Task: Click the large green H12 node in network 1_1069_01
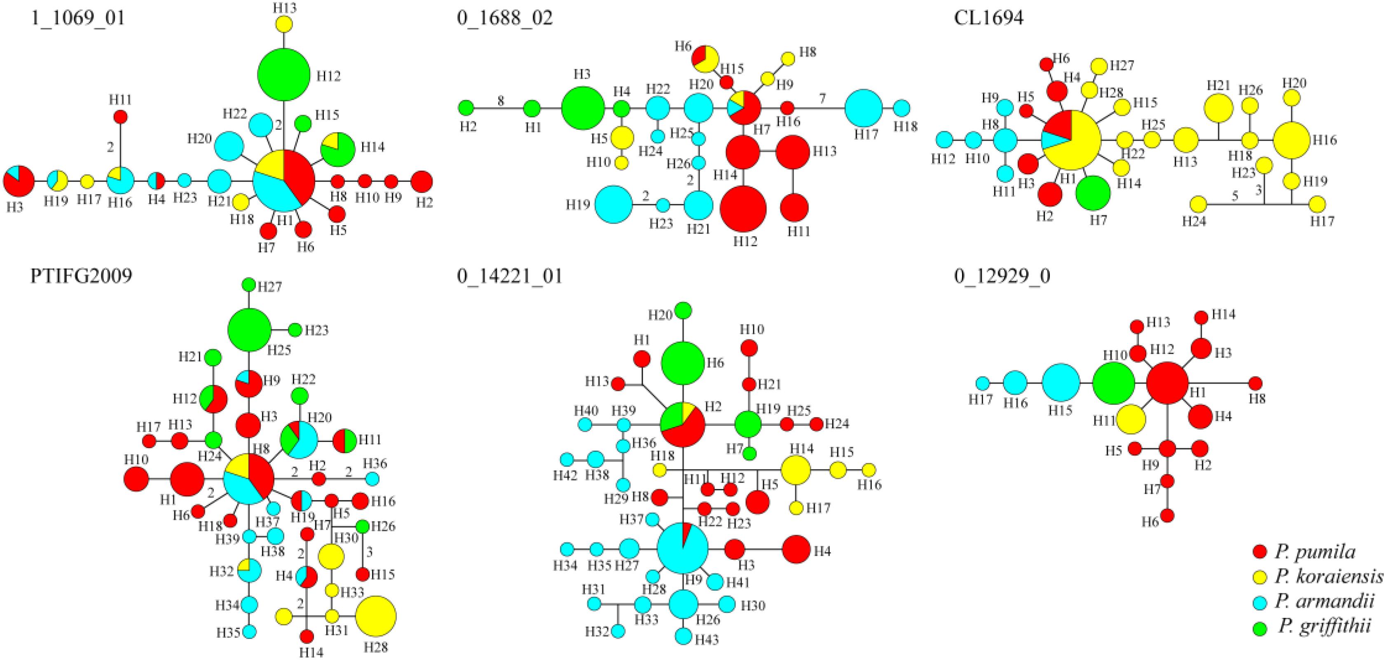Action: (283, 74)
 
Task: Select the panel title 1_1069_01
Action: (77, 18)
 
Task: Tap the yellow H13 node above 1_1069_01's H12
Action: (284, 24)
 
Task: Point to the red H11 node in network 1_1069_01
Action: (121, 116)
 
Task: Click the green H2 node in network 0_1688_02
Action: (466, 108)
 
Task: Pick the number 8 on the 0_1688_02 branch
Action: (501, 101)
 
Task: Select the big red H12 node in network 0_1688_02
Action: (743, 209)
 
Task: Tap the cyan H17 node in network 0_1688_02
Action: (863, 108)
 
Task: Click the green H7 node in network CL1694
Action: (1093, 193)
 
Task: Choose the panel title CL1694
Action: (989, 18)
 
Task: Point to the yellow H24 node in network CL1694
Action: (1198, 204)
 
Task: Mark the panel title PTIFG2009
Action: (81, 276)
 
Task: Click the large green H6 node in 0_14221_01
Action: (682, 363)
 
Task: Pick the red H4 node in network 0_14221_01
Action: (796, 550)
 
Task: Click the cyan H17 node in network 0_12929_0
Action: (983, 383)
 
